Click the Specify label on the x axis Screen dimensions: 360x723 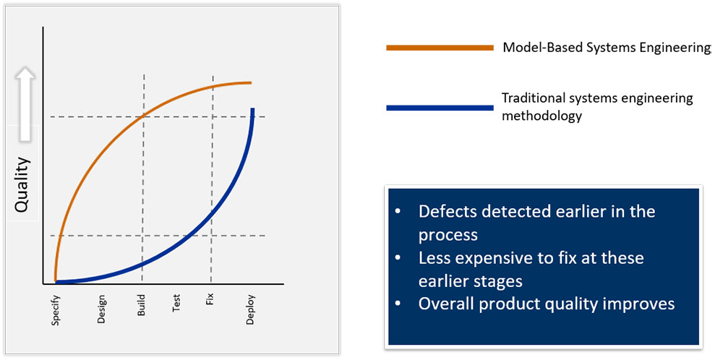[x=56, y=309]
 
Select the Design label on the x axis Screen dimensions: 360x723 [x=101, y=309]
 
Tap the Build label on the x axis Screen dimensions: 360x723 [x=141, y=307]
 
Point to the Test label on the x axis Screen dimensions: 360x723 [x=176, y=304]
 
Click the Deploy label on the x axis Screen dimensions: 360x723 [x=250, y=309]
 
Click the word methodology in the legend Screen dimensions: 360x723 [x=542, y=116]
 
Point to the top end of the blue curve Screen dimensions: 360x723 [x=252, y=110]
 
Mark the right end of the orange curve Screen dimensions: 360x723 [x=251, y=82]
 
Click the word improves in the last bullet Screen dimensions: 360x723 [x=636, y=304]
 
